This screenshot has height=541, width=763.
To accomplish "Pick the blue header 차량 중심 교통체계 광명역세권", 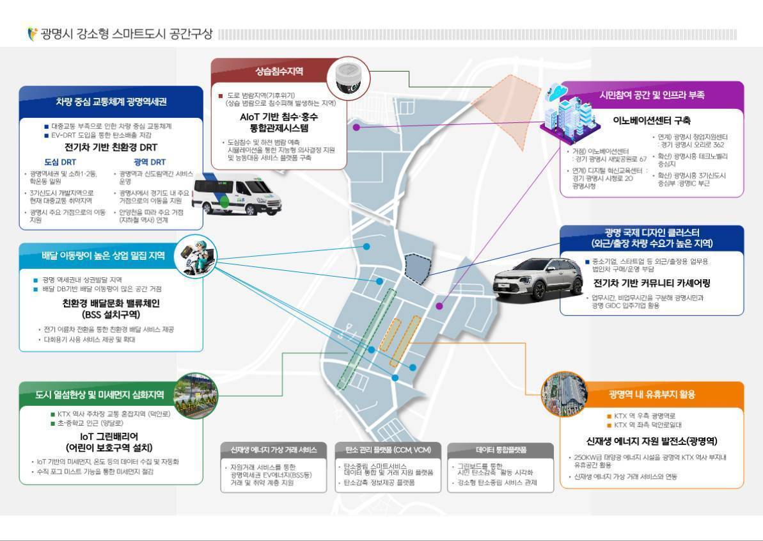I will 111,101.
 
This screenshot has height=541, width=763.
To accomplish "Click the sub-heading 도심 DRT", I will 59,162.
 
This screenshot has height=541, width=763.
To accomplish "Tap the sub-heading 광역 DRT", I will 149,162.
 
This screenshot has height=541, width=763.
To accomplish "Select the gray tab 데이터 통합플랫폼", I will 500,449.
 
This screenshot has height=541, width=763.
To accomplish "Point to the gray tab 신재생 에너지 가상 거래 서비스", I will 273,449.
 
